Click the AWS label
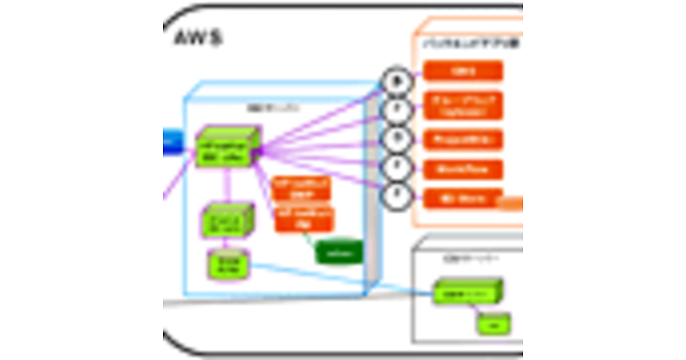(197, 38)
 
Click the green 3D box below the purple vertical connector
(227, 219)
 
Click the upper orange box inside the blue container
(301, 187)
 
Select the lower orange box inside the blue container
(304, 219)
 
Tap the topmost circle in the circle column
(396, 81)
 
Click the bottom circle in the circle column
(396, 197)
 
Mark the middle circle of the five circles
(396, 139)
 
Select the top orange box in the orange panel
(463, 71)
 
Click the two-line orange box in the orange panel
(463, 105)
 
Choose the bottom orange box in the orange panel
(463, 199)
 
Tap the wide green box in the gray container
(466, 293)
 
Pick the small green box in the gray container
(494, 325)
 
